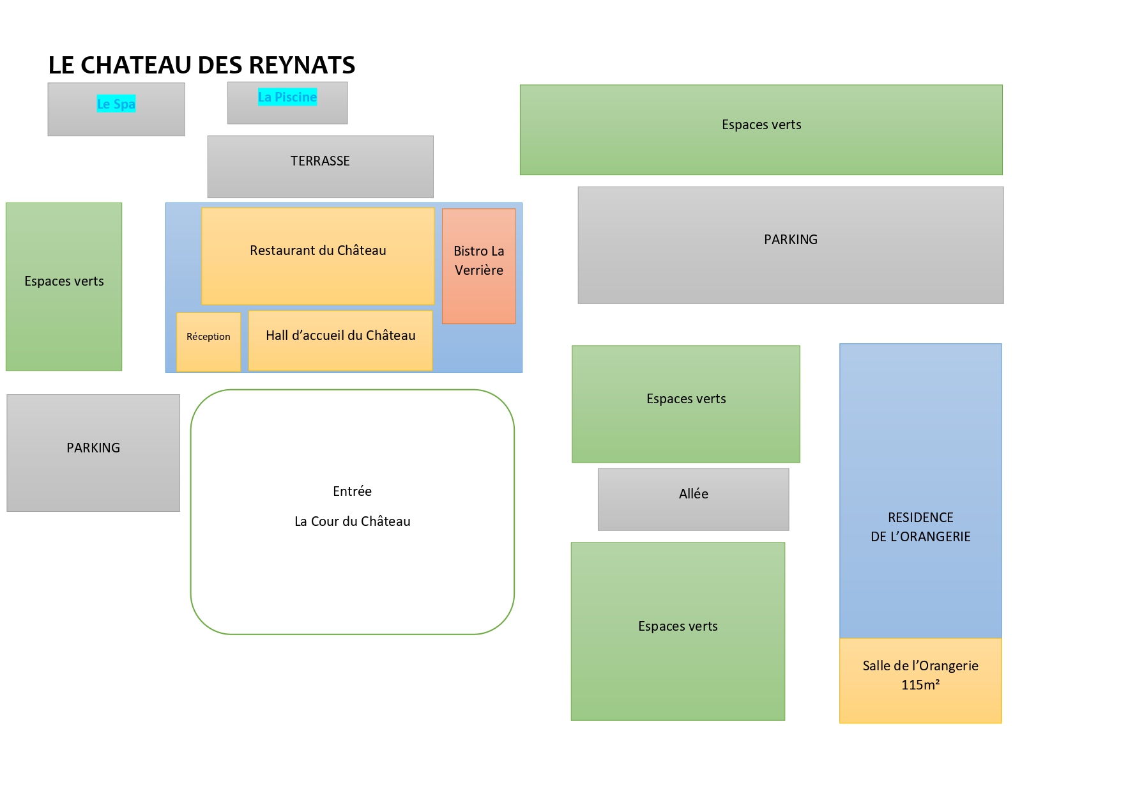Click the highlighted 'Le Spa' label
[x=116, y=104]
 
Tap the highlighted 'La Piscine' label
[x=287, y=97]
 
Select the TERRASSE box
[x=320, y=167]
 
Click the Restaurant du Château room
[x=318, y=256]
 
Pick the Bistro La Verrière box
[x=479, y=266]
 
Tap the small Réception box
[x=208, y=342]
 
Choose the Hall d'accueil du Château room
[x=340, y=341]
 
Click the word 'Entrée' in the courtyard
[x=352, y=491]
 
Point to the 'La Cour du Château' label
[x=352, y=521]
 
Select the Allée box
[x=694, y=500]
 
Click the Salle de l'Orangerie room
[x=920, y=681]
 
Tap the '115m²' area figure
[x=920, y=685]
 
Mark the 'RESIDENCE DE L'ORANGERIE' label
[x=920, y=527]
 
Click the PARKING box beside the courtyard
[x=93, y=453]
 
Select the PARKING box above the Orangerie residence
[x=791, y=245]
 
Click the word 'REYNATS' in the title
[x=302, y=65]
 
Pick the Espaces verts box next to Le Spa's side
[x=64, y=287]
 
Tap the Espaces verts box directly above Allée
[x=686, y=404]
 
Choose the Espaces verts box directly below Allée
[x=678, y=631]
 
